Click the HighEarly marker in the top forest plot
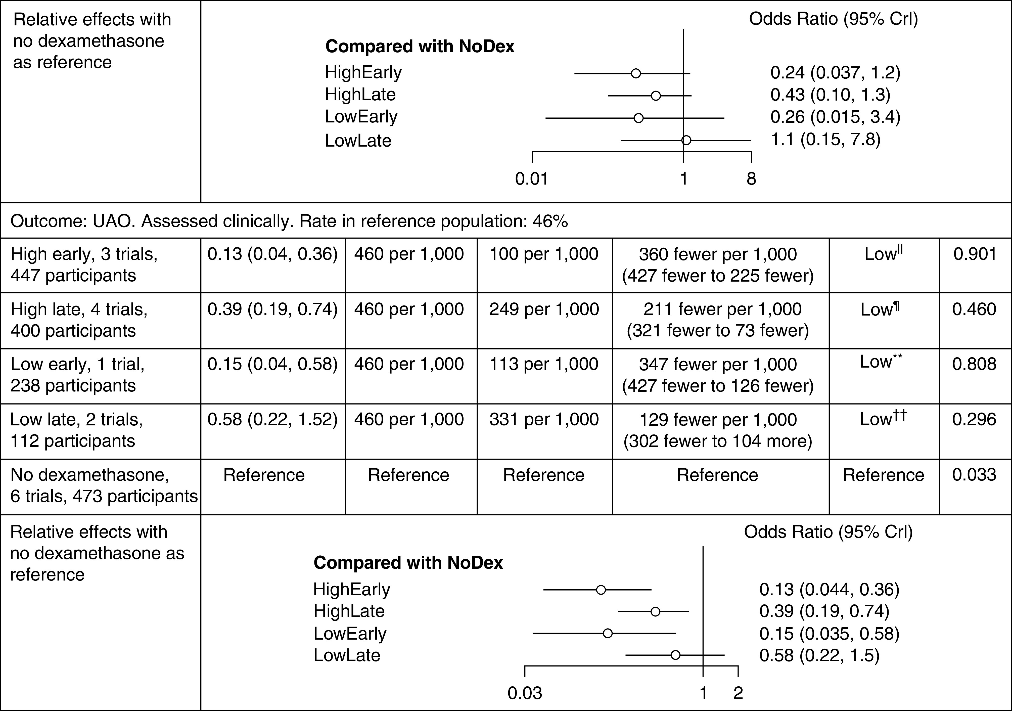click(636, 73)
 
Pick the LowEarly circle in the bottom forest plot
click(607, 633)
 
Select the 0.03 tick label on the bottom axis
click(525, 693)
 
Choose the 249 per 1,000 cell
click(544, 309)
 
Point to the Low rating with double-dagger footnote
click(883, 419)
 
